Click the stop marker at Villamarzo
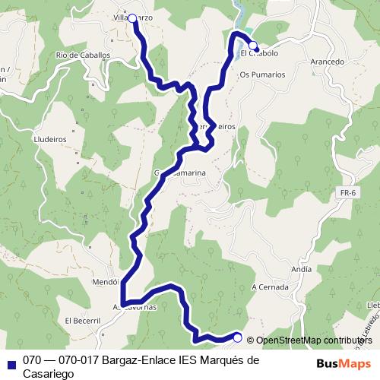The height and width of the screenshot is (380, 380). tap(132, 18)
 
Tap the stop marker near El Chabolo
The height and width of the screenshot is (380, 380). tap(253, 45)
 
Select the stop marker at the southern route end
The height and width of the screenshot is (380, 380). tap(238, 337)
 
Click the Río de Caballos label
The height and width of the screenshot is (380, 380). tap(84, 55)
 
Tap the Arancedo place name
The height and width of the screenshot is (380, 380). tap(328, 62)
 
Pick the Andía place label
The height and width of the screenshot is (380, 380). tap(301, 269)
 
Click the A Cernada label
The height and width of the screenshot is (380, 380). tap(270, 287)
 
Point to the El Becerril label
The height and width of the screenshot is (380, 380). tap(83, 321)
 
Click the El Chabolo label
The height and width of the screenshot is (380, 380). tap(259, 54)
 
